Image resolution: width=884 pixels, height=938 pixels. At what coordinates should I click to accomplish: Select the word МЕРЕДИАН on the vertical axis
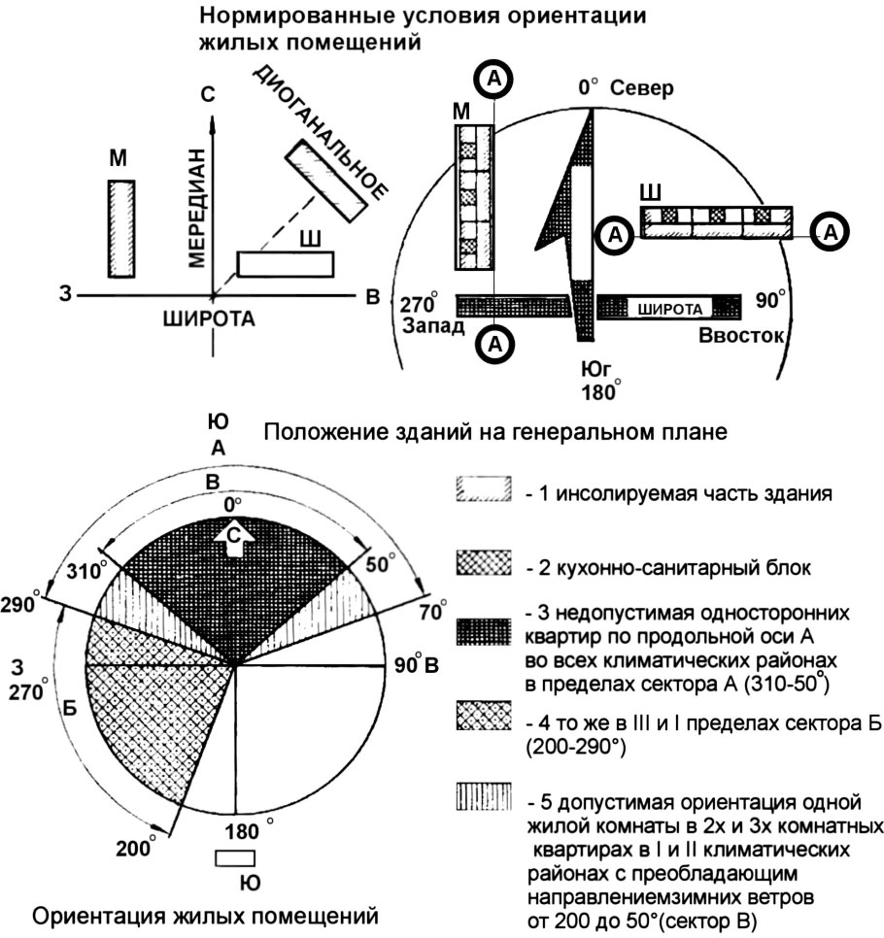[x=197, y=207]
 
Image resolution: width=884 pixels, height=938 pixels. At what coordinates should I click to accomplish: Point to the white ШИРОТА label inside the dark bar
[x=670, y=308]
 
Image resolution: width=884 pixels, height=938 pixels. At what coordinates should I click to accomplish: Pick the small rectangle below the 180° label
[x=234, y=858]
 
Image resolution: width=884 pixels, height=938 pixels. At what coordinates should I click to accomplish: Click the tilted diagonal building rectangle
[x=326, y=181]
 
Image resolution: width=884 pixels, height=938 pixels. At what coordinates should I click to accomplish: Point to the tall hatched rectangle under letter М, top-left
[x=120, y=229]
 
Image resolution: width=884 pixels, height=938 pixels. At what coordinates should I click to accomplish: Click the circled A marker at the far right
[x=832, y=231]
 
